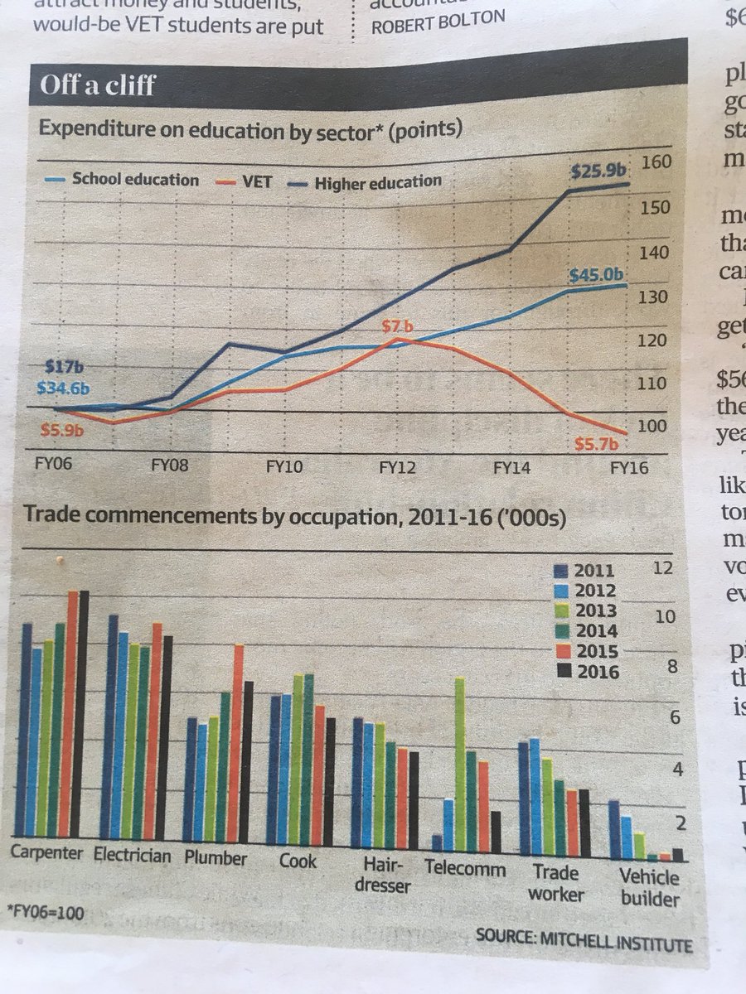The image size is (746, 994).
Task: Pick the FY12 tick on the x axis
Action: (x=398, y=467)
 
